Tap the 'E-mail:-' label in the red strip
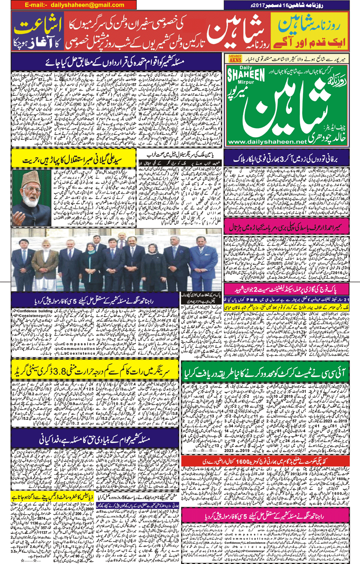pos(37,5)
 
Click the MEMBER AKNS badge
pos(235,58)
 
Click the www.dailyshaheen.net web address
pos(267,142)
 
